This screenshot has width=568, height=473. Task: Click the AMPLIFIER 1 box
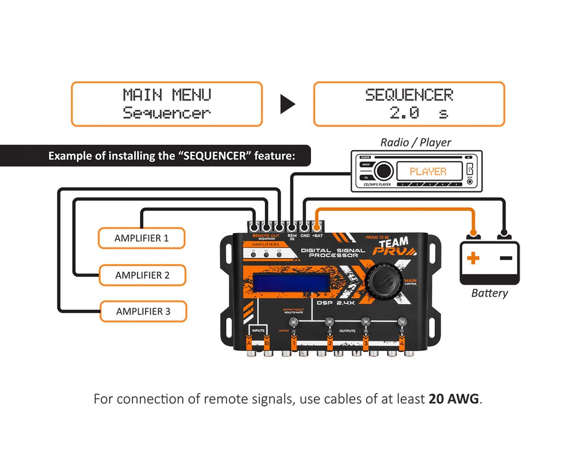[141, 238]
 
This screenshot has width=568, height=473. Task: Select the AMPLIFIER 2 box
[142, 275]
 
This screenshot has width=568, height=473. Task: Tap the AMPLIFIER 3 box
[143, 312]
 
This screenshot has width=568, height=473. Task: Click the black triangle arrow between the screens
[287, 104]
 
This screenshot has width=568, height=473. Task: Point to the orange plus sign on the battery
[473, 258]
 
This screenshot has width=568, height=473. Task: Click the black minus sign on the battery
[506, 258]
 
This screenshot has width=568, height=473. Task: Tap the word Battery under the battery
[489, 293]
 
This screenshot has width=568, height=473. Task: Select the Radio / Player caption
[416, 142]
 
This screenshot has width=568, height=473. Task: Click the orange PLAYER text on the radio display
[428, 171]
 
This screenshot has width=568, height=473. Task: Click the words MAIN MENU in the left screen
[167, 95]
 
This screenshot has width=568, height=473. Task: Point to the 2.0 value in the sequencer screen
[404, 113]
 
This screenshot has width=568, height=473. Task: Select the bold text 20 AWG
[454, 399]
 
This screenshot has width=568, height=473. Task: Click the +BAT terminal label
[317, 235]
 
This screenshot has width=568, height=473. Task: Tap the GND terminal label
[305, 235]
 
